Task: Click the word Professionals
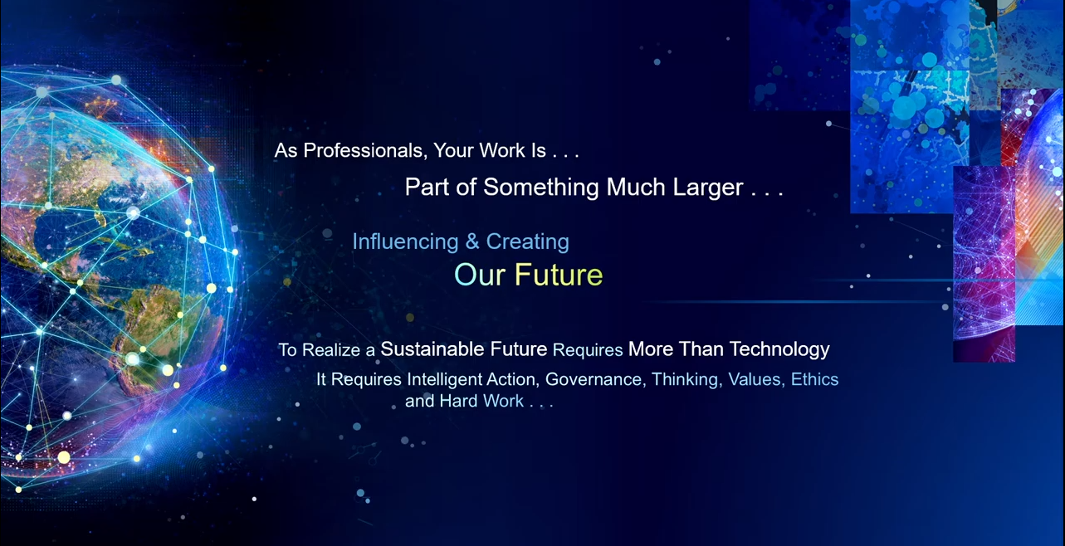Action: pyautogui.click(x=363, y=151)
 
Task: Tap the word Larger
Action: pyautogui.click(x=707, y=187)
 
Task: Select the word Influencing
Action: pyautogui.click(x=405, y=241)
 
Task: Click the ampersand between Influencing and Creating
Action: pyautogui.click(x=472, y=241)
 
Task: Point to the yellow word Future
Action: pyautogui.click(x=559, y=275)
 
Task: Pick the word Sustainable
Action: pyautogui.click(x=432, y=349)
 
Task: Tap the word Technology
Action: pyautogui.click(x=779, y=349)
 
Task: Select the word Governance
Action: pyautogui.click(x=595, y=380)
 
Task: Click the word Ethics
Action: pyautogui.click(x=814, y=379)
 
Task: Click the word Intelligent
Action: pyautogui.click(x=445, y=380)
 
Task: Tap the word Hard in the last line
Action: pyautogui.click(x=458, y=401)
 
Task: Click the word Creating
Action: pyautogui.click(x=527, y=241)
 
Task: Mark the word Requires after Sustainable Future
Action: pyautogui.click(x=588, y=350)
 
